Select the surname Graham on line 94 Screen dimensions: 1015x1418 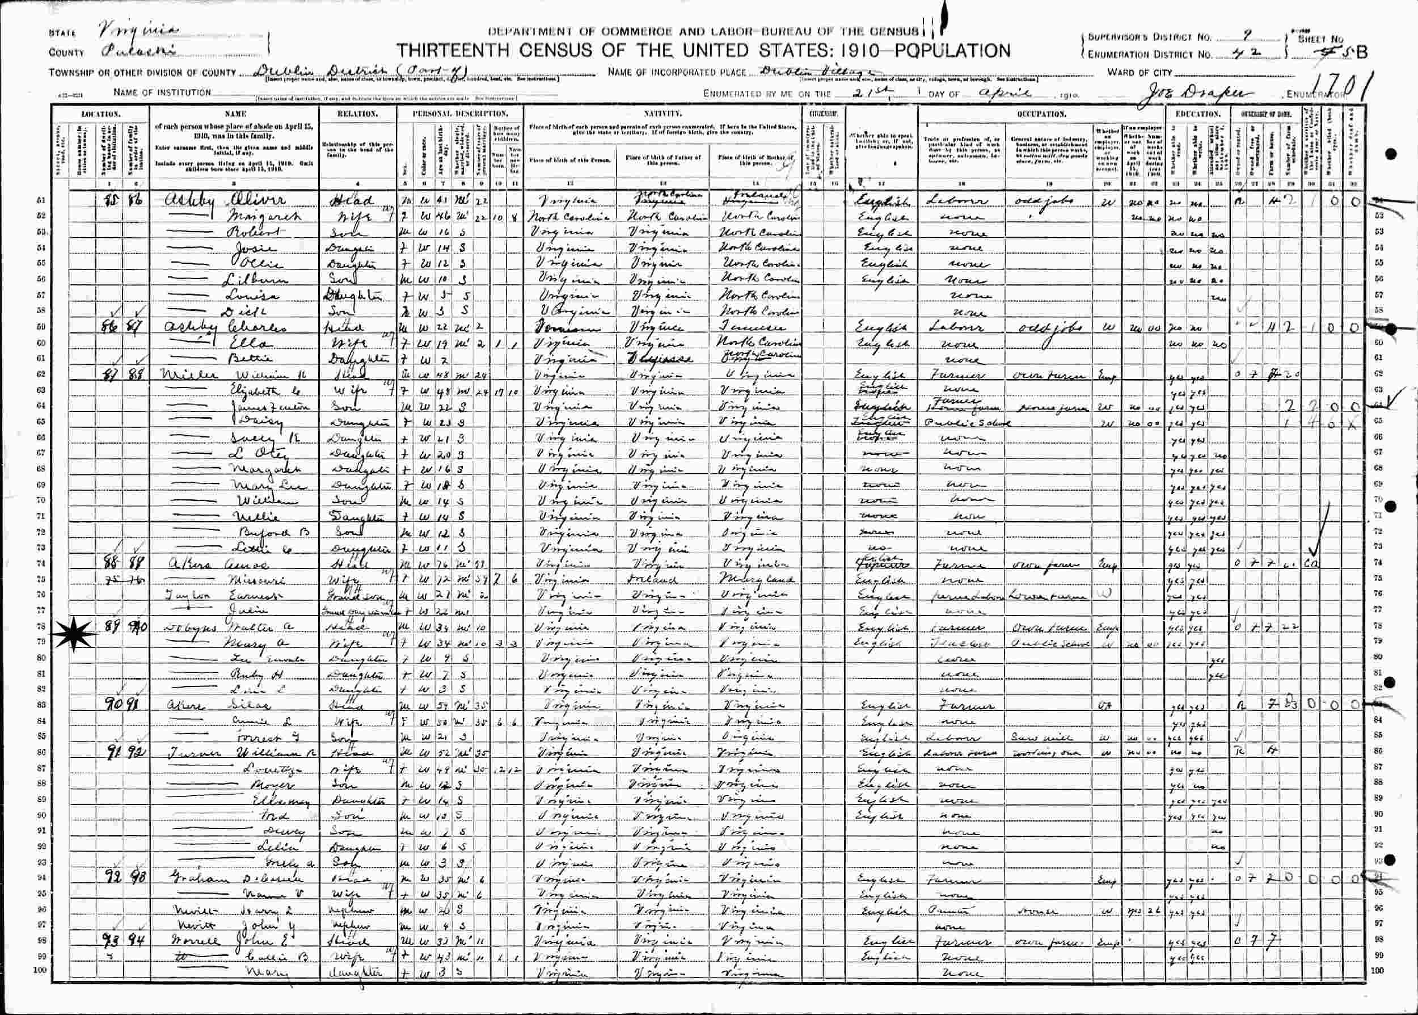coord(185,879)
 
